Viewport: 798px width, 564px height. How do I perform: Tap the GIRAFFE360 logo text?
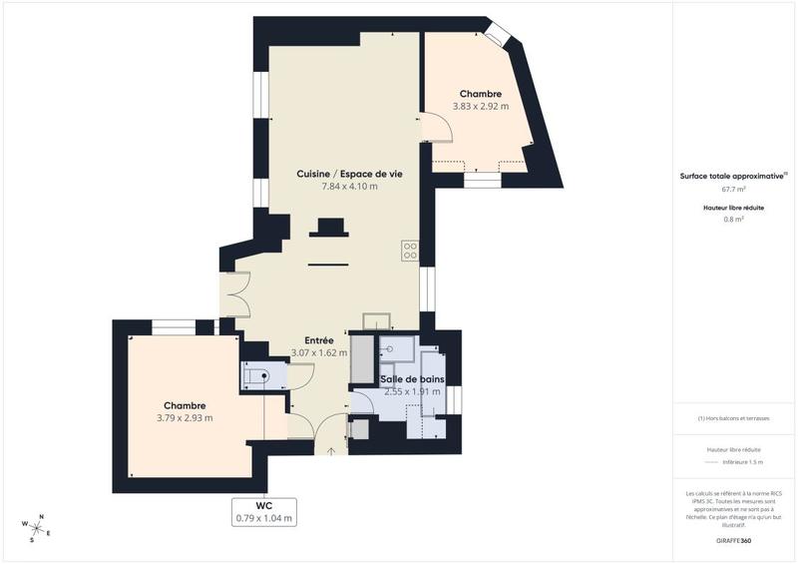click(732, 540)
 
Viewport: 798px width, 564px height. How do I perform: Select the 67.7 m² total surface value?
click(733, 189)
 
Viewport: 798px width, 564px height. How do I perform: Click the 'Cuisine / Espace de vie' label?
click(349, 174)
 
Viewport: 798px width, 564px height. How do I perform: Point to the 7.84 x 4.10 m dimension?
click(349, 187)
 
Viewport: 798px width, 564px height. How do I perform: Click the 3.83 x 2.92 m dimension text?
click(481, 106)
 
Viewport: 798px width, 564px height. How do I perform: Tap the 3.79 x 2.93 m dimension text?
click(185, 417)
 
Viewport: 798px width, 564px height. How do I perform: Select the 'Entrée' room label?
click(319, 339)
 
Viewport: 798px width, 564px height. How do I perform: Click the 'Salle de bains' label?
click(412, 379)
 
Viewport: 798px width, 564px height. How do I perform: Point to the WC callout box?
click(264, 511)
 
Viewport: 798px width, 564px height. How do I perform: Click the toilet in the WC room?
click(255, 376)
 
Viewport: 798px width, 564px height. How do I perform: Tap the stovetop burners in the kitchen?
click(409, 250)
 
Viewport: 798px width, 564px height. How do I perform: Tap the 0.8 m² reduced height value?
click(733, 220)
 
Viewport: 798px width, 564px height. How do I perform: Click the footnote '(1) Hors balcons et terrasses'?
click(733, 418)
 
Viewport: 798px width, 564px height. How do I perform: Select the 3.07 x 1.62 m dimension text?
click(319, 352)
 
